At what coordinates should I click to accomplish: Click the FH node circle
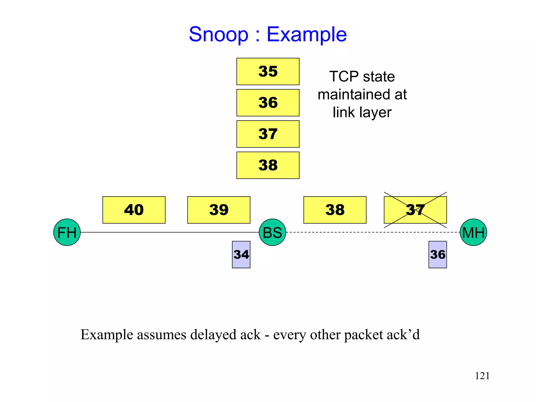tap(67, 232)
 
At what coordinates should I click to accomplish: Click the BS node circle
tap(272, 232)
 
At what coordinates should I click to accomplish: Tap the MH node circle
tap(473, 232)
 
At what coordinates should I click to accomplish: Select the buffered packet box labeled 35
tap(268, 71)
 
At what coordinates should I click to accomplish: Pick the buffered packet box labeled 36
tap(268, 103)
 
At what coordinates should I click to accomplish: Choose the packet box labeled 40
tap(134, 210)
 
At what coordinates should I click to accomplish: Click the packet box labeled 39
tap(219, 210)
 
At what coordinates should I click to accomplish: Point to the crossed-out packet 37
tap(415, 210)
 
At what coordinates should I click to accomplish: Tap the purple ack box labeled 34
tap(241, 254)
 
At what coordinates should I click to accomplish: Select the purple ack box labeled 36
tap(437, 254)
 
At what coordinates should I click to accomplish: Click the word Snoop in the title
tap(219, 35)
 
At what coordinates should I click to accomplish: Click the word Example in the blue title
tap(306, 35)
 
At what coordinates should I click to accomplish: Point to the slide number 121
tap(482, 376)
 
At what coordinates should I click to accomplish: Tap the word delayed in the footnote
tap(213, 334)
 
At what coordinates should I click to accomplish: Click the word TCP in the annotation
tap(344, 76)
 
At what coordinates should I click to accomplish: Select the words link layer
tap(362, 113)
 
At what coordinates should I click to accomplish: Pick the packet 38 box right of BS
tap(335, 210)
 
